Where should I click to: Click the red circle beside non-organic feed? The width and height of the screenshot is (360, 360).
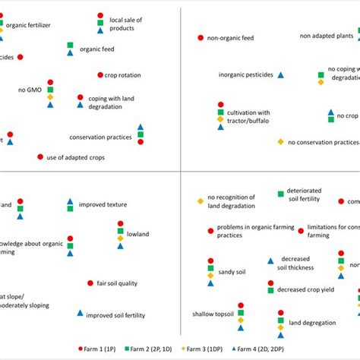(x=201, y=37)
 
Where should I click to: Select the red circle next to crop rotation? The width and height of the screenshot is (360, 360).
(x=100, y=74)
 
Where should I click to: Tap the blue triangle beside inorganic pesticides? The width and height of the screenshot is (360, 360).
(x=280, y=74)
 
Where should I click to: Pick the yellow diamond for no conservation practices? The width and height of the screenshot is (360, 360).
(x=280, y=142)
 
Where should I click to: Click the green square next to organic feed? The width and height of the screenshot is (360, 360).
(x=70, y=46)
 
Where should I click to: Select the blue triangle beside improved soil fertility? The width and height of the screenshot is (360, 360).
(x=80, y=313)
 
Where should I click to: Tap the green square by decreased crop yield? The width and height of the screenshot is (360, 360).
(x=270, y=289)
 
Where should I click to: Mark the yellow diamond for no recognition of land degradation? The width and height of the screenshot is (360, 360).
(x=201, y=201)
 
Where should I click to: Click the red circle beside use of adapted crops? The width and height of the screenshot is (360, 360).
(x=40, y=157)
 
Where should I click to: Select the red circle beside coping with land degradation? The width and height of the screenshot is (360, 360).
(x=80, y=98)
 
